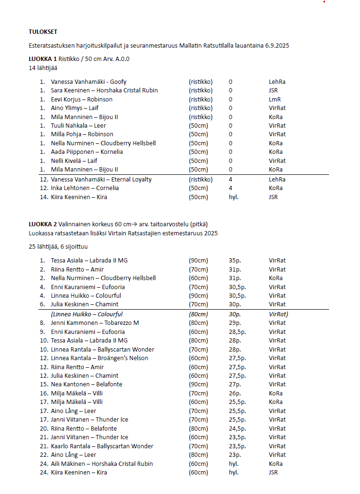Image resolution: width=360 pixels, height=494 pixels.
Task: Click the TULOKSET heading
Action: [x=43, y=32]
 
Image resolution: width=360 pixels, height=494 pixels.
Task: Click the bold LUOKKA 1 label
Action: [x=42, y=59]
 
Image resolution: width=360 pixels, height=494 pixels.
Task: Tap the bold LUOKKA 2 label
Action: [x=42, y=224]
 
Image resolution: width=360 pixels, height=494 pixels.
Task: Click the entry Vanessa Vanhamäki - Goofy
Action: [x=89, y=82]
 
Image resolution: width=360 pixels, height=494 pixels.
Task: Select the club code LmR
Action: [x=275, y=100]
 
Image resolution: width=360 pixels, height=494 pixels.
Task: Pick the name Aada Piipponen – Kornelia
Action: [x=87, y=152]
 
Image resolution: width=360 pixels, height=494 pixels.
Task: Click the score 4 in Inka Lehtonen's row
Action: [x=230, y=188]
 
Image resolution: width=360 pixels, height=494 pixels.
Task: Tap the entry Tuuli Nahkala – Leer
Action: [x=79, y=126]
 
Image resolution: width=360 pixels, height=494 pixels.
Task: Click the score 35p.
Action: [x=235, y=261]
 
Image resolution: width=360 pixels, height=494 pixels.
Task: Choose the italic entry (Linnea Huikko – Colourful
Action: [x=87, y=314]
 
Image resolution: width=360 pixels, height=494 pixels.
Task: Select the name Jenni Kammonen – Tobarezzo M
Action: [x=95, y=323]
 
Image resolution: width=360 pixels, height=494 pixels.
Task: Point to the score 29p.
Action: [x=235, y=323]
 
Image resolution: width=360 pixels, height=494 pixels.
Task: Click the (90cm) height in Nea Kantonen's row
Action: [x=199, y=384]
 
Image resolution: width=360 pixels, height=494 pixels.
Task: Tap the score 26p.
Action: [x=235, y=393]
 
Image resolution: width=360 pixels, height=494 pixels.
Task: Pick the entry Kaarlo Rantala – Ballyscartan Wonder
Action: [x=102, y=446]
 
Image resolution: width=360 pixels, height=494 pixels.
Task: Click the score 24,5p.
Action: [x=238, y=428]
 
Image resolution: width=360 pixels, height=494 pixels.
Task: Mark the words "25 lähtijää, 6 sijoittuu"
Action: [x=58, y=247]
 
